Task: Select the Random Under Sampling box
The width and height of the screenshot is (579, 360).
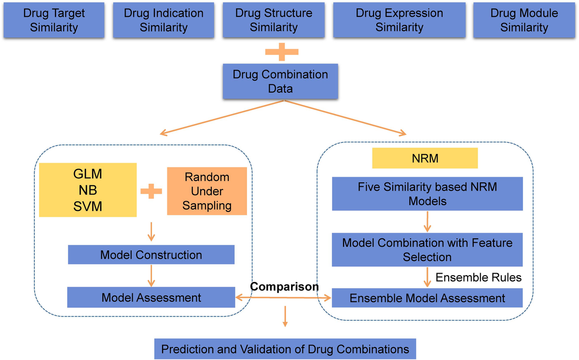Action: pyautogui.click(x=207, y=191)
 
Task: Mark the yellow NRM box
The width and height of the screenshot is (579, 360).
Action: pyautogui.click(x=425, y=158)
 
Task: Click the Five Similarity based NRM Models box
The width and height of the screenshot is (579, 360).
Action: pyautogui.click(x=427, y=194)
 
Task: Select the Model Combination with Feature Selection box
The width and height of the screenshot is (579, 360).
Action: pyautogui.click(x=427, y=249)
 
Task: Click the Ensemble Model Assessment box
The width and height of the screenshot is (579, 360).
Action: pyautogui.click(x=427, y=298)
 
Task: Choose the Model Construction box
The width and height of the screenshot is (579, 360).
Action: pyautogui.click(x=151, y=254)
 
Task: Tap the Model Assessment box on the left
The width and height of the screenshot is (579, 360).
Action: pyautogui.click(x=151, y=297)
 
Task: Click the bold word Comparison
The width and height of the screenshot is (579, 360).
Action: pyautogui.click(x=284, y=287)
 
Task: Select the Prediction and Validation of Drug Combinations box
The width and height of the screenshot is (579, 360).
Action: pyautogui.click(x=285, y=349)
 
